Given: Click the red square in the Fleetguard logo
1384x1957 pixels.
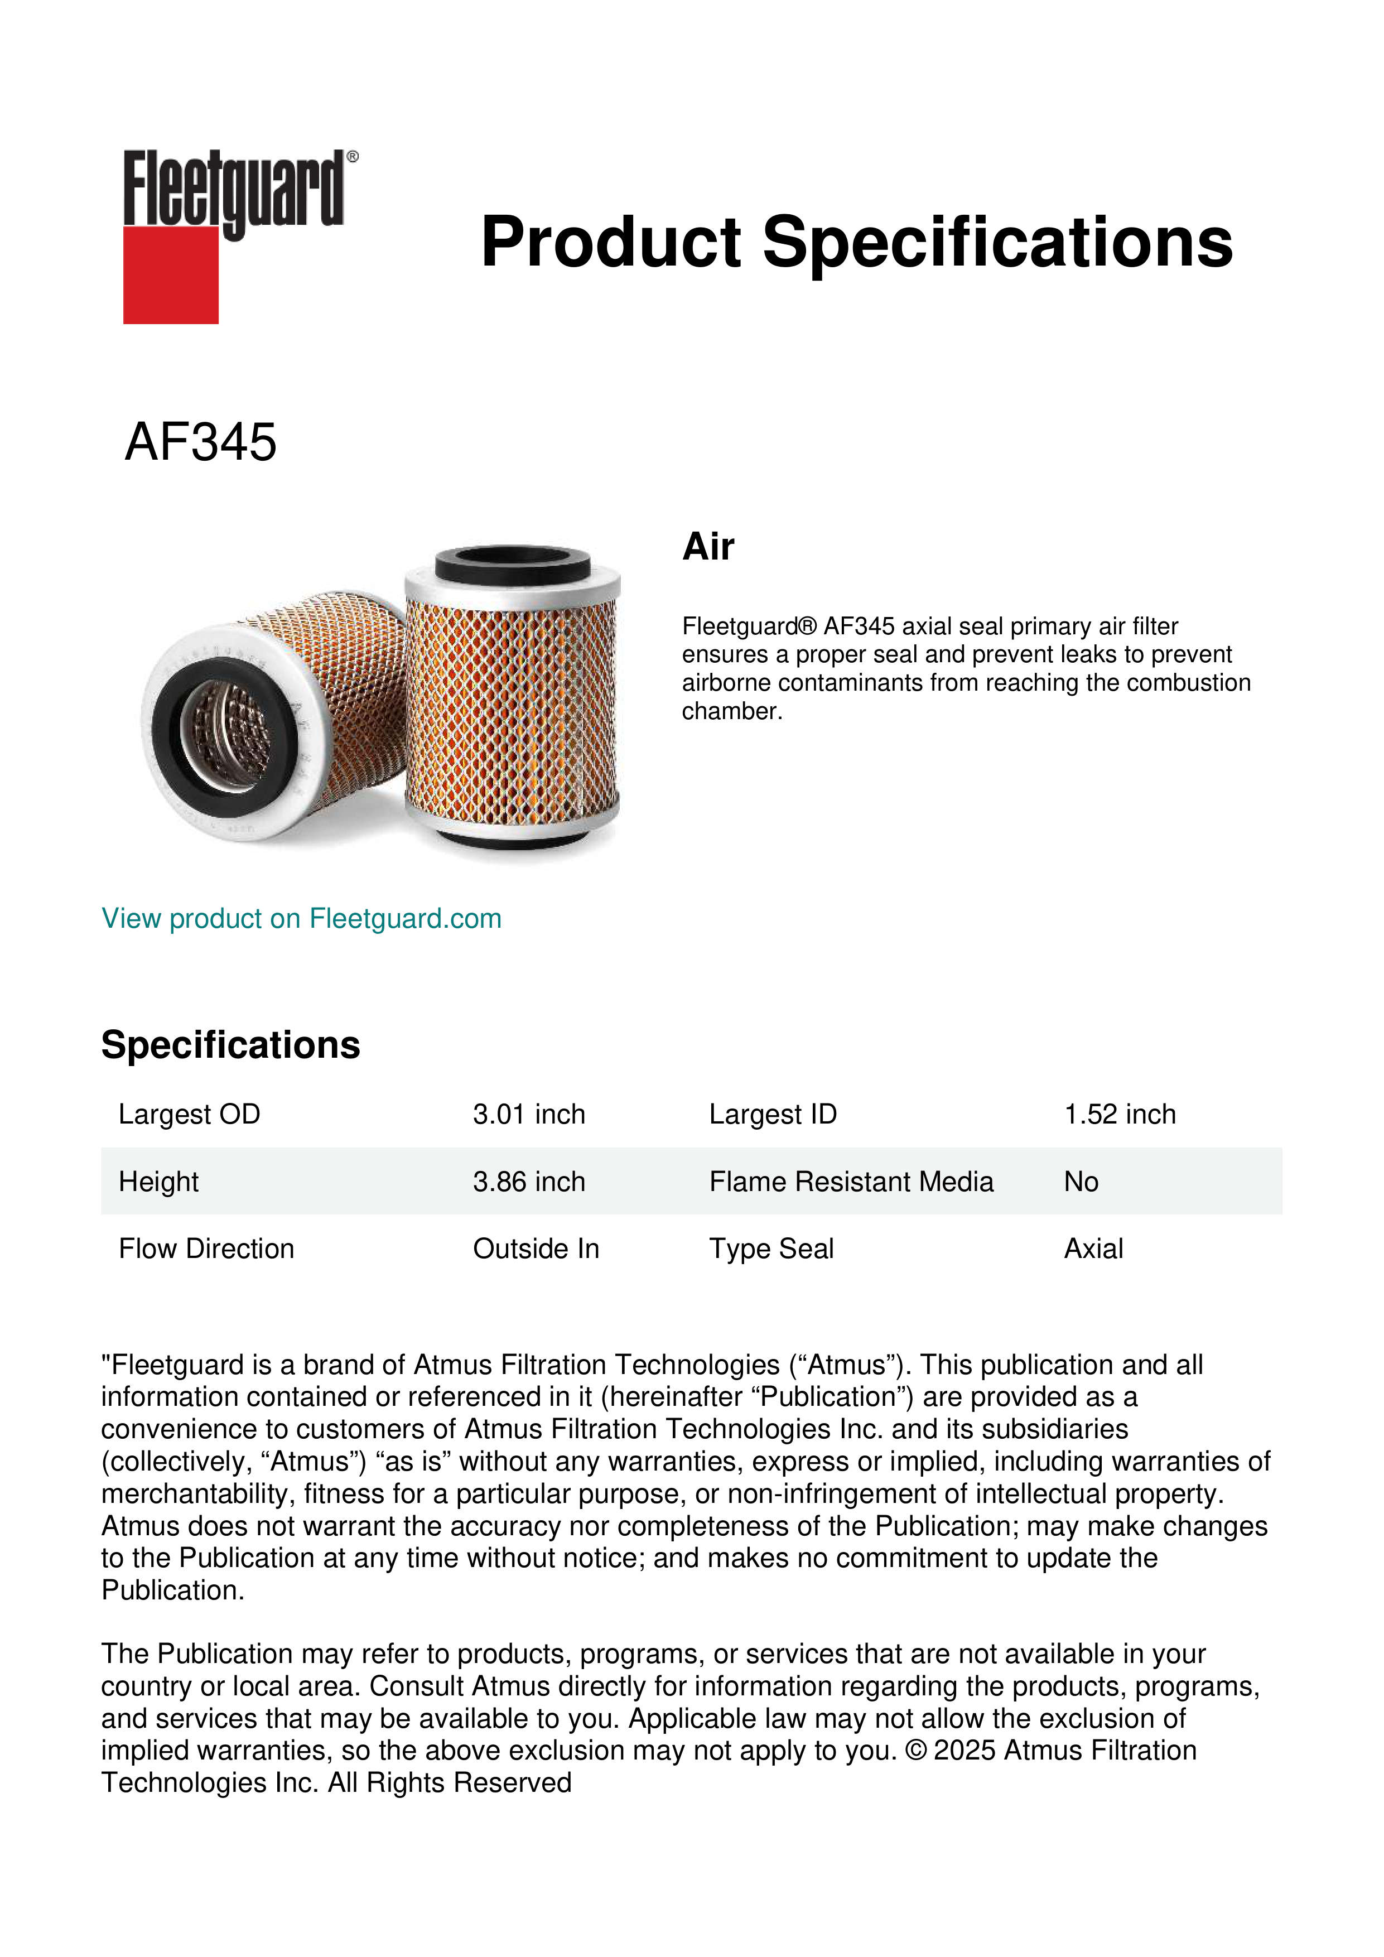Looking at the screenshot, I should pos(171,274).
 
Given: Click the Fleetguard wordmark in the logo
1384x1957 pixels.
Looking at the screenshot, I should pos(234,189).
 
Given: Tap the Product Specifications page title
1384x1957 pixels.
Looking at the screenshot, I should pos(856,242).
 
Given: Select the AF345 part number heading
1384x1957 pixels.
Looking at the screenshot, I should pos(201,442).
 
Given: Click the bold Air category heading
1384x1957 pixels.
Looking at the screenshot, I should pos(708,546).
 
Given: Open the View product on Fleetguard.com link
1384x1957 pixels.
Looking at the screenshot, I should pos(302,919).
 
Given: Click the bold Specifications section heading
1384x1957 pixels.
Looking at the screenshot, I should pos(230,1045).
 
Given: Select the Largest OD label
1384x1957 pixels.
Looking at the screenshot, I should pos(189,1114).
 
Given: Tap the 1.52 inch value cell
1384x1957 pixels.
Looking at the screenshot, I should pos(1120,1114).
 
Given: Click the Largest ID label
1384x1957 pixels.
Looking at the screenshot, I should pos(773,1114).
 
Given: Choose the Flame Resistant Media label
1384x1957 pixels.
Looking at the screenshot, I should pos(851,1182).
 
